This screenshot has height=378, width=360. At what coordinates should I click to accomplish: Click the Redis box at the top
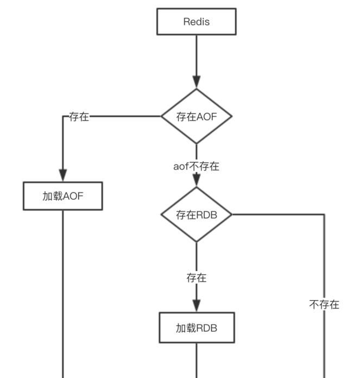tap(197, 22)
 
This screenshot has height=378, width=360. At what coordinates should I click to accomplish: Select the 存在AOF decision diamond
tap(197, 116)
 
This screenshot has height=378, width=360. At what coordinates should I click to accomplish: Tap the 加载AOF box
tap(62, 196)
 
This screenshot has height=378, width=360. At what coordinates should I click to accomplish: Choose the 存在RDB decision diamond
tap(197, 215)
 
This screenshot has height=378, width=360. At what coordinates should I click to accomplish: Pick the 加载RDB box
tap(197, 327)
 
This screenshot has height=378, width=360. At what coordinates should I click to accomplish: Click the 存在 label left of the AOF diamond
tap(79, 117)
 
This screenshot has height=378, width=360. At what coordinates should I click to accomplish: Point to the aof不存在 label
tap(197, 166)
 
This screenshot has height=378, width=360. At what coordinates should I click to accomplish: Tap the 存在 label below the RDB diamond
tap(197, 278)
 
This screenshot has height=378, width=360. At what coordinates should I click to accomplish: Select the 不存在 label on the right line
tap(324, 305)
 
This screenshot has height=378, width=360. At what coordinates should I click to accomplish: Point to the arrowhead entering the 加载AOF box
tap(62, 175)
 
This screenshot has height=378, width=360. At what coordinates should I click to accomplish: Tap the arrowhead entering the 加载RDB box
tap(197, 305)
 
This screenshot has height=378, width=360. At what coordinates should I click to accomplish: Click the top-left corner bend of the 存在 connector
tap(62, 116)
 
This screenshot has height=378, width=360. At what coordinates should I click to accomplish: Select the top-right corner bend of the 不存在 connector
tap(324, 215)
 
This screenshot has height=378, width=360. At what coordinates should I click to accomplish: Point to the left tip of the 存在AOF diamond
tap(162, 116)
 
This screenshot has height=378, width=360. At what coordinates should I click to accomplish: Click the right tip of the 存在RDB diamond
tap(231, 215)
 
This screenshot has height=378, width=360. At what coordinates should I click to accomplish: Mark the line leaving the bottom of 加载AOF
tap(62, 293)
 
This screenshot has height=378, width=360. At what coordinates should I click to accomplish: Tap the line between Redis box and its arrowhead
tap(197, 54)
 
